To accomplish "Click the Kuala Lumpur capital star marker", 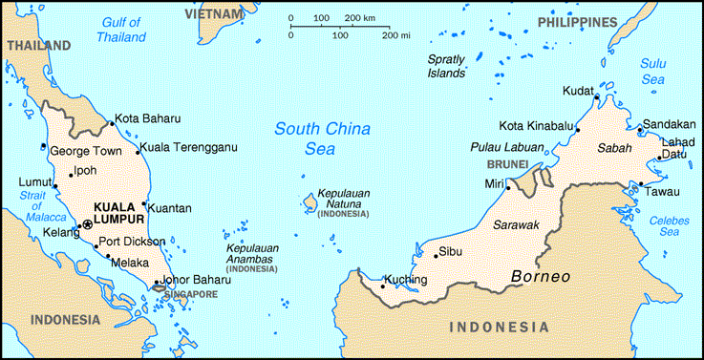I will [88, 223].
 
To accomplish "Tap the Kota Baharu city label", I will [147, 119].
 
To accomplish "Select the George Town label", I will [86, 151].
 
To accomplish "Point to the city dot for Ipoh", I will [70, 175].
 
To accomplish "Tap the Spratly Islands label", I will [445, 66].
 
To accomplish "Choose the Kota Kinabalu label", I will [536, 126].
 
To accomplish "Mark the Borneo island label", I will [541, 277].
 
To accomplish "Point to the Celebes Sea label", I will [670, 225].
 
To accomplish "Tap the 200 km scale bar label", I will [359, 19].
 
